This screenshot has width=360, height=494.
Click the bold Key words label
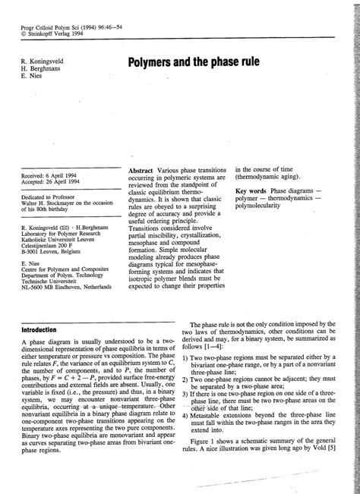(253, 190)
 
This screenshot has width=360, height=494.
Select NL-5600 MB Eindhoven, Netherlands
(67, 288)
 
